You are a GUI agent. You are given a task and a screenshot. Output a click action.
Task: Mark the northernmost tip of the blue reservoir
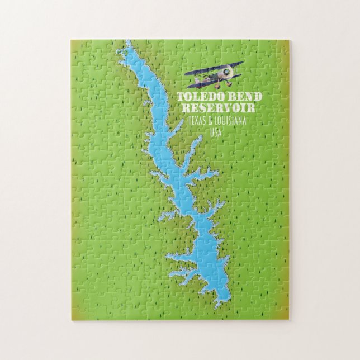128,41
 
